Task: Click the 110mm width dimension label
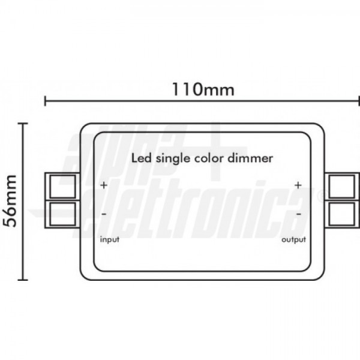(203, 89)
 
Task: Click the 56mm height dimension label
(10, 201)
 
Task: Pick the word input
(110, 239)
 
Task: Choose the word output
(293, 239)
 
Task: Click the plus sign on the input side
(104, 185)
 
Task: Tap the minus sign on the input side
(104, 214)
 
